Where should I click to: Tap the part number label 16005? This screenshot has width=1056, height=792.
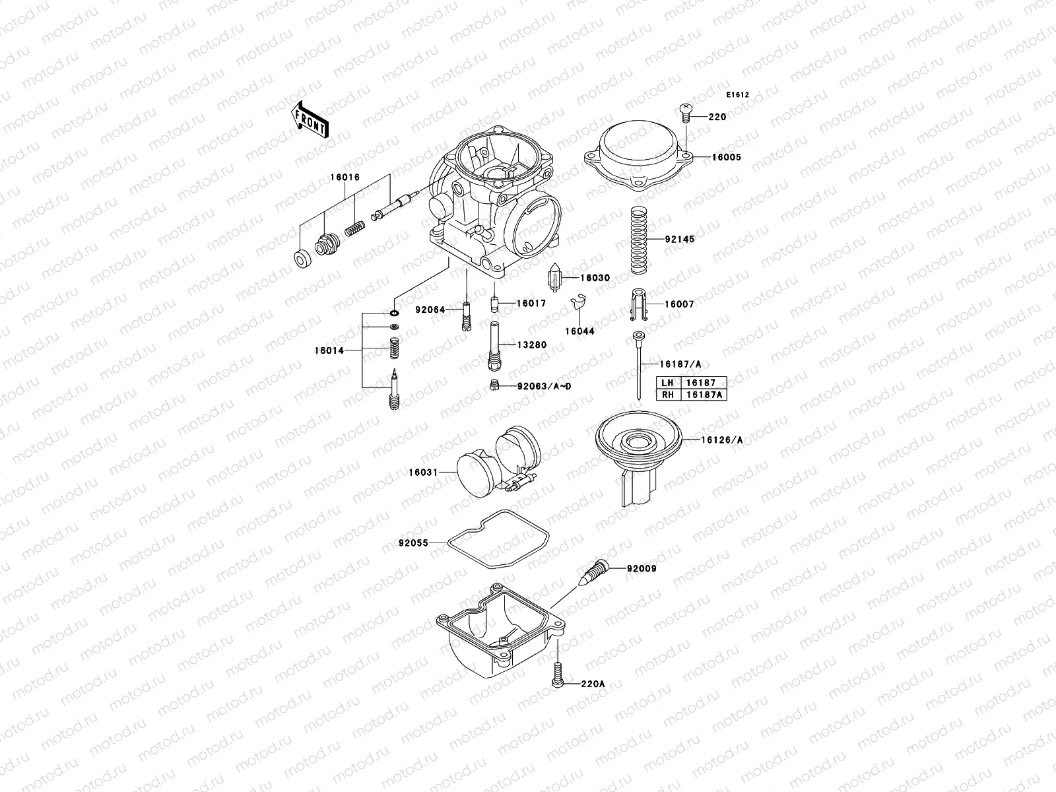[x=726, y=158]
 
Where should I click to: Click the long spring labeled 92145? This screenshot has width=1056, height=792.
[x=638, y=240]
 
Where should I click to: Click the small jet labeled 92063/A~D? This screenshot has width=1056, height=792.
[x=493, y=385]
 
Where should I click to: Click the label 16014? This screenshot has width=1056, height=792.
[x=329, y=351]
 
